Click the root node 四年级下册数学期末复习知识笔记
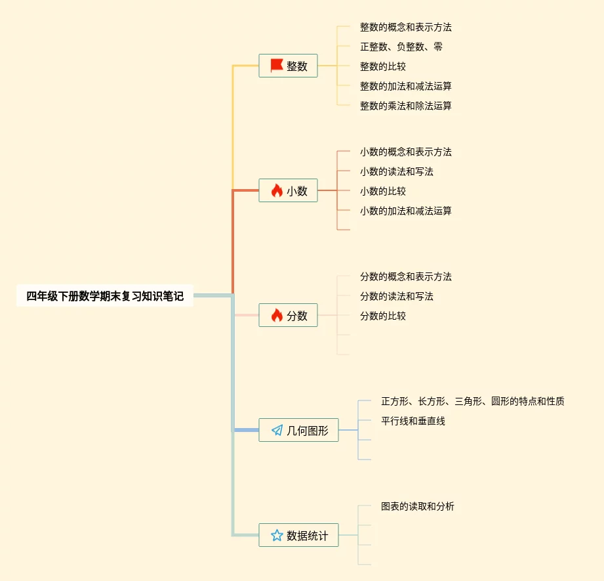tap(105, 296)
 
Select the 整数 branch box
tap(289, 66)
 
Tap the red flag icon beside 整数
tap(277, 66)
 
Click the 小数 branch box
tap(289, 190)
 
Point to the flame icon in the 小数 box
tap(277, 190)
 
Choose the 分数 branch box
tap(289, 315)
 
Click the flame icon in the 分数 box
tap(277, 315)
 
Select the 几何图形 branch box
tap(298, 430)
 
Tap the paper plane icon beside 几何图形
tap(277, 430)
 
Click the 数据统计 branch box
tap(298, 535)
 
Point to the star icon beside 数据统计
tap(277, 535)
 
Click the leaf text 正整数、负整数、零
tap(401, 47)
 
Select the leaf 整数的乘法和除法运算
tap(405, 106)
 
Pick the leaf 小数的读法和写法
tap(396, 171)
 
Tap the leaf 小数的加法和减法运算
tap(405, 211)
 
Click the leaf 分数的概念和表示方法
tap(405, 276)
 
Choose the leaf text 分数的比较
tap(382, 316)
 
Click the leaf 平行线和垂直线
tap(413, 421)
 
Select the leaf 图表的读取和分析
tap(417, 506)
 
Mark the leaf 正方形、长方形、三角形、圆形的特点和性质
tap(472, 401)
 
